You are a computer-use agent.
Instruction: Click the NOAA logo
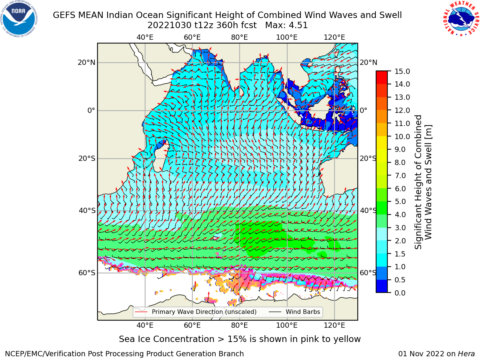pyautogui.click(x=19, y=19)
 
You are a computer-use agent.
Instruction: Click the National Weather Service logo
pyautogui.click(x=461, y=19)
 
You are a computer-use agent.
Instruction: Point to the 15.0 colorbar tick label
pyautogui.click(x=402, y=71)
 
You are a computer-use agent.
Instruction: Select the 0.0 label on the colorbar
pyautogui.click(x=400, y=292)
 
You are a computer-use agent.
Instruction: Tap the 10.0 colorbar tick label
pyautogui.click(x=402, y=136)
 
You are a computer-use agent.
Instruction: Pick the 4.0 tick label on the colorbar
pyautogui.click(x=400, y=214)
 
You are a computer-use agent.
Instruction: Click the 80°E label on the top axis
pyautogui.click(x=240, y=37)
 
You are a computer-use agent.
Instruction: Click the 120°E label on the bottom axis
pyautogui.click(x=334, y=325)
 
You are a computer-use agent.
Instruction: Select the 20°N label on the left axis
pyautogui.click(x=87, y=63)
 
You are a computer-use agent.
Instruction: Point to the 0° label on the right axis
pyautogui.click(x=363, y=110)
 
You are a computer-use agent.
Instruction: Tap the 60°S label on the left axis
pyautogui.click(x=87, y=273)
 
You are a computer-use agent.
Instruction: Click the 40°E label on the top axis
pyautogui.click(x=145, y=37)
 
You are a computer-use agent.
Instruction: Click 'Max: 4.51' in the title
pyautogui.click(x=286, y=25)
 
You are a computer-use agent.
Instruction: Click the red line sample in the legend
pyautogui.click(x=141, y=312)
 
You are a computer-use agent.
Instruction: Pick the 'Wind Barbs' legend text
pyautogui.click(x=303, y=312)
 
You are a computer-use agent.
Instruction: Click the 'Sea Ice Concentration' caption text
pyautogui.click(x=166, y=339)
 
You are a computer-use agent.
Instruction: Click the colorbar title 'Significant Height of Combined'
pyautogui.click(x=418, y=182)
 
